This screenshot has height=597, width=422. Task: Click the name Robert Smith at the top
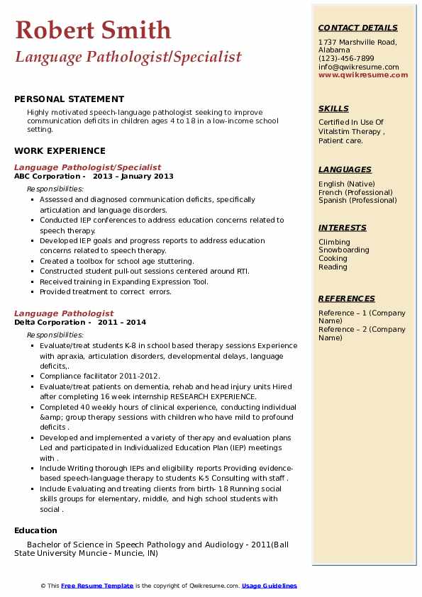tap(93, 30)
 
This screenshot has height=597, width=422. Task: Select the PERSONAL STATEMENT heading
tap(69, 99)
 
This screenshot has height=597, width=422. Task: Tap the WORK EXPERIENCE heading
tap(60, 150)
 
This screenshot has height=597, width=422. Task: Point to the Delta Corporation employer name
tap(49, 322)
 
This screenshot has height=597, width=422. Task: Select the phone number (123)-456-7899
tap(346, 59)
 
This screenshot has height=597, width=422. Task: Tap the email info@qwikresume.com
tap(358, 67)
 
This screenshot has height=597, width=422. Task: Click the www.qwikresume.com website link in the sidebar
tap(358, 75)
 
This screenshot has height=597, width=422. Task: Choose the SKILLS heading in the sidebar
tap(333, 108)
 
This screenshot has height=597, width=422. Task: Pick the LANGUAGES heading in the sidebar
tap(345, 169)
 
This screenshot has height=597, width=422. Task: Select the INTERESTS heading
tap(343, 228)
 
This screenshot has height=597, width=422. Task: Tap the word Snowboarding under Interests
tap(344, 250)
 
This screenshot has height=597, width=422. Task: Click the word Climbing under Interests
tap(334, 242)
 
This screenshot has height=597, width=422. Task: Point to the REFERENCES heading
tap(347, 298)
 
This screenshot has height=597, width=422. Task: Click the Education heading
tap(35, 530)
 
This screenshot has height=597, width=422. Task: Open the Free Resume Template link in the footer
tap(97, 586)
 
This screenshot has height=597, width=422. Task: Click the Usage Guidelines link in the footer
tap(270, 586)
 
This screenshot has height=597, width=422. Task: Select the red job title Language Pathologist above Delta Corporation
tap(64, 313)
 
